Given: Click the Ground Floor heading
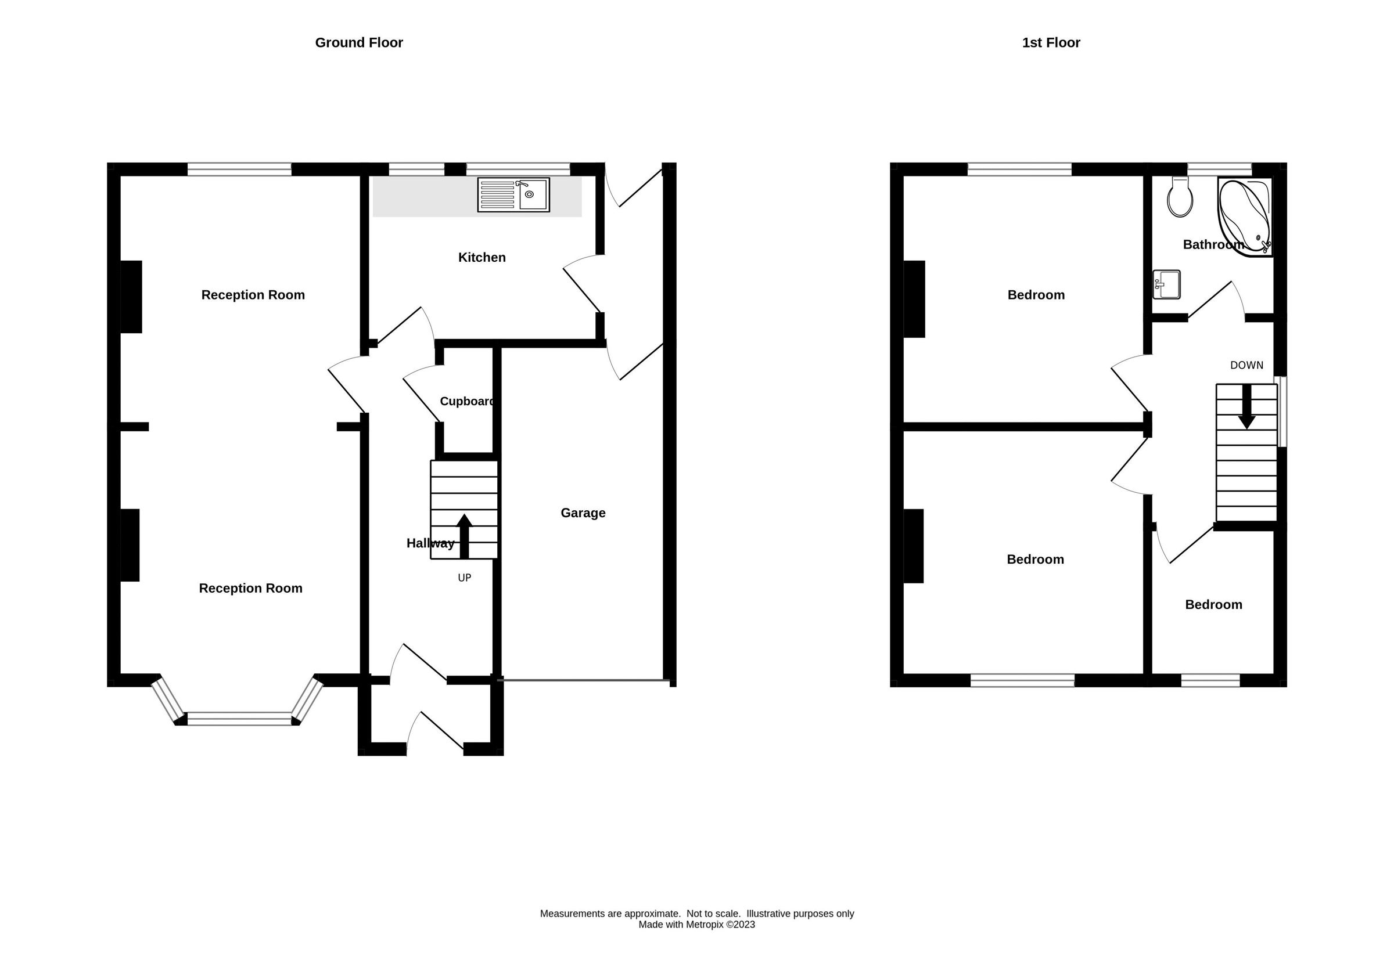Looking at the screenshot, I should coord(358,42).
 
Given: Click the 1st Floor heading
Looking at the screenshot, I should coord(1050,42).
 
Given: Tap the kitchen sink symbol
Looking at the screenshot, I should coord(513,194).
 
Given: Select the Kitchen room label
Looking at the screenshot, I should coord(482,257).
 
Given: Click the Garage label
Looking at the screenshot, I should coord(582,513).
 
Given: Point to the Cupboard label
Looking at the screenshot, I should coord(466,401).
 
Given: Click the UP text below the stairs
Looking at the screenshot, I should coord(464,578).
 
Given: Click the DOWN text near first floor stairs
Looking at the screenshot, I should coord(1246,365).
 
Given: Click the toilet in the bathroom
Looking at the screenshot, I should coord(1180,198).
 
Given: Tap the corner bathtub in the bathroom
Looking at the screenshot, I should coord(1244,216).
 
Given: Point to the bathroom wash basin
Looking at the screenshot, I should coord(1166,284).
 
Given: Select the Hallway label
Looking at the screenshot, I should coord(430,543).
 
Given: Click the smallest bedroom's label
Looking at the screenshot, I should coord(1213,604).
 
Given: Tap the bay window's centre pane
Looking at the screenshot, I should coord(239,719).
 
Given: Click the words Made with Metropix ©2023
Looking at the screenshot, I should coord(696,925).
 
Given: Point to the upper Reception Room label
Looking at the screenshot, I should coord(253,295).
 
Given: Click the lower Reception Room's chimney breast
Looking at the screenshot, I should coord(130,545).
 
